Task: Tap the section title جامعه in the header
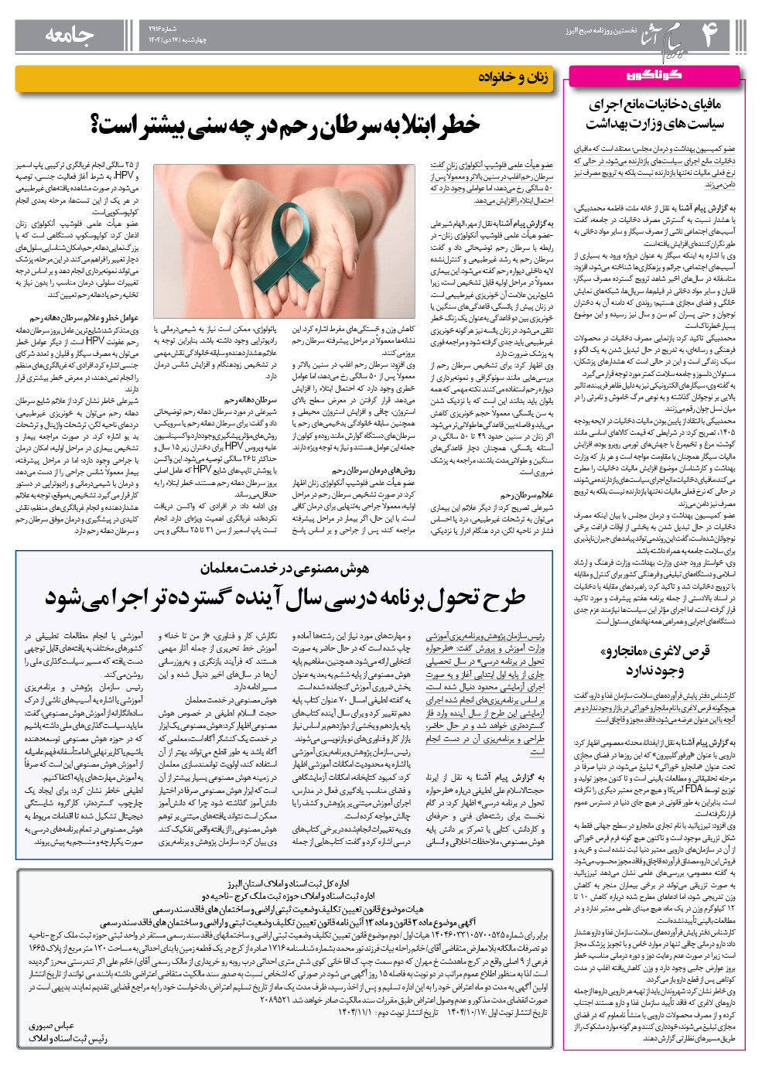coord(70,35)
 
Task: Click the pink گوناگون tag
coord(654,75)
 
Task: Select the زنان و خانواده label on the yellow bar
coord(513,77)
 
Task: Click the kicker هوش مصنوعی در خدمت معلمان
coord(285,569)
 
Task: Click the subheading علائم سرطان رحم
coord(527,495)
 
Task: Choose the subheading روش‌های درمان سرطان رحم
coord(374,470)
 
